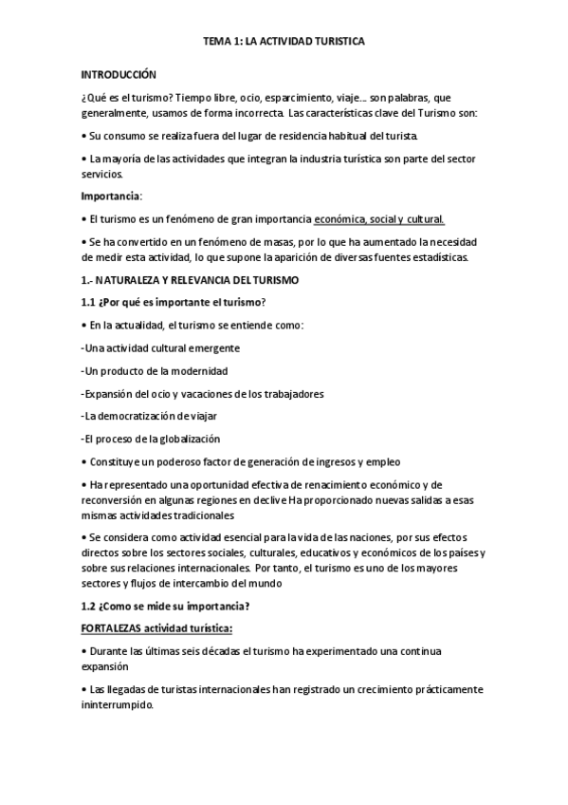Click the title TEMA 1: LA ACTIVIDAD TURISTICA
pos(284,42)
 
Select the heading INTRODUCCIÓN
pos(119,73)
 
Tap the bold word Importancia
pos(110,197)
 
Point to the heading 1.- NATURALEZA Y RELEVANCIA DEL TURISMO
pos(190,281)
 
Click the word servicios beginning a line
pos(102,174)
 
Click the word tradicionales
pos(200,515)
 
